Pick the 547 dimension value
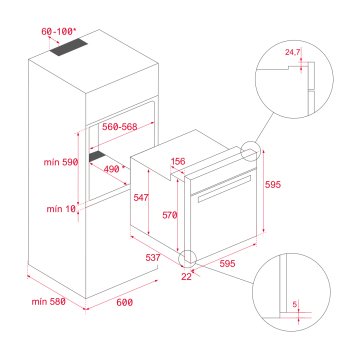[x=142, y=199]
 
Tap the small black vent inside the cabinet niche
[x=99, y=157]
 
